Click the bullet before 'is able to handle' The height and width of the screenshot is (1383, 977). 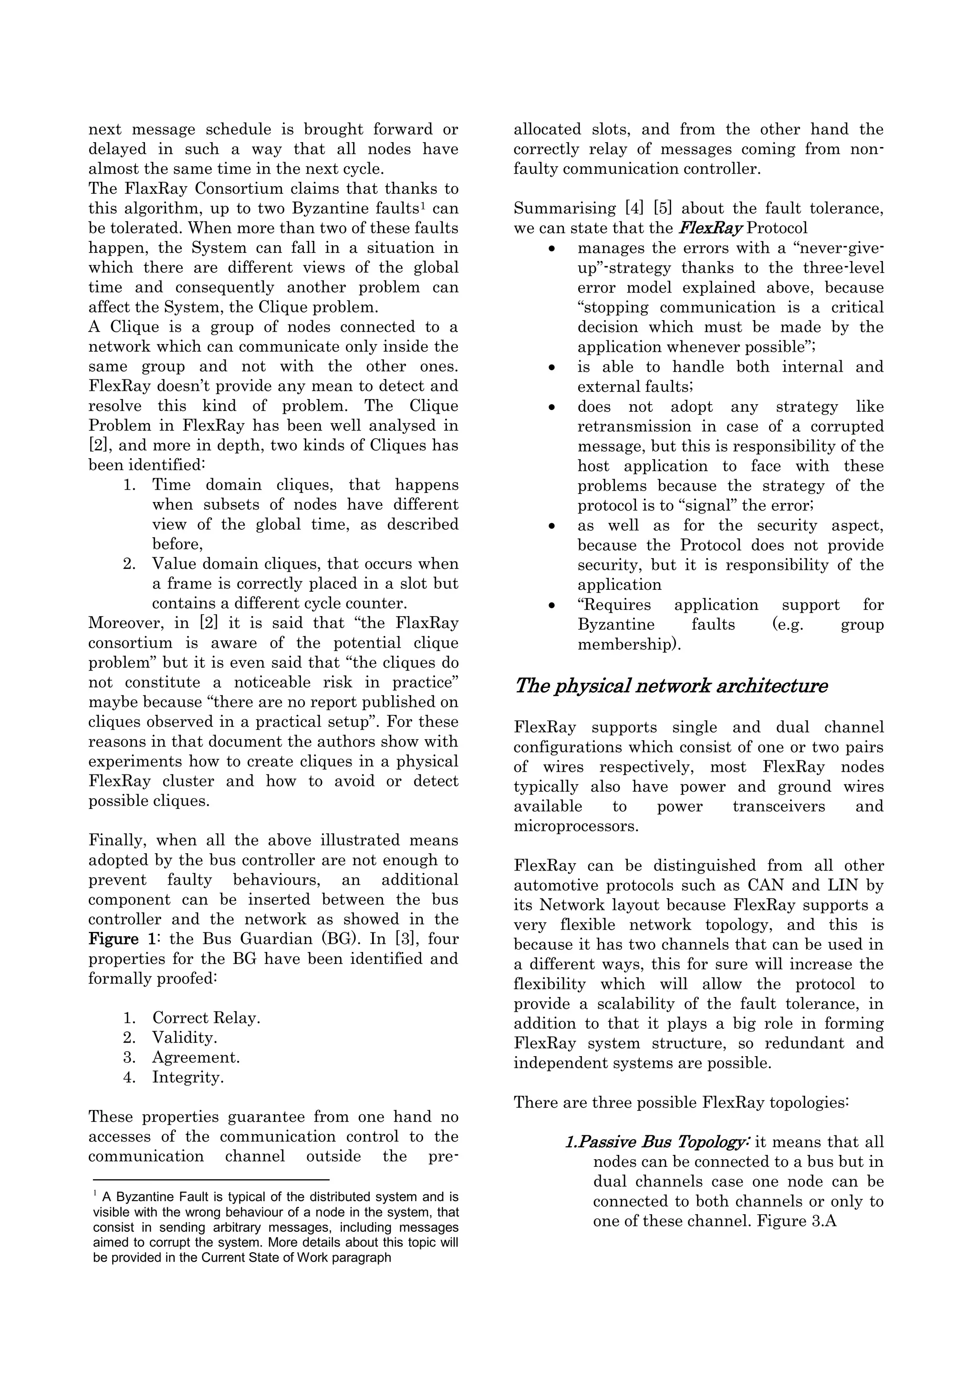point(552,367)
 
